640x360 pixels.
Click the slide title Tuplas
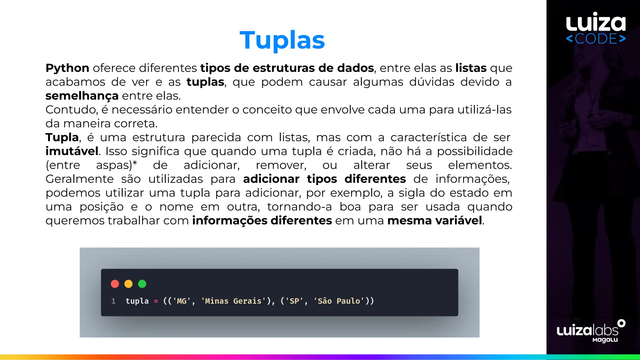(x=282, y=41)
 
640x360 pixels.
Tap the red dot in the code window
(x=115, y=284)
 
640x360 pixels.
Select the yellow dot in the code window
(x=128, y=284)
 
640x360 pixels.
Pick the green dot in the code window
(x=142, y=284)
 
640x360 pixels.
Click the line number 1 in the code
(x=113, y=301)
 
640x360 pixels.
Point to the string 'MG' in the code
(x=182, y=301)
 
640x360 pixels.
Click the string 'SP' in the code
(x=294, y=301)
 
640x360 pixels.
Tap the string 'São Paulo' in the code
(x=339, y=301)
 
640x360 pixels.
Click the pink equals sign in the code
(x=156, y=301)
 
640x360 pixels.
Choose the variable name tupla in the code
(x=137, y=301)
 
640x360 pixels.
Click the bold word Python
(x=67, y=68)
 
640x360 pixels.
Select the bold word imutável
(x=72, y=151)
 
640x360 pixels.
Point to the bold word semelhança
(x=82, y=96)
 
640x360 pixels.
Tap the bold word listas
(x=471, y=68)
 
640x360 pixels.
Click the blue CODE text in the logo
(x=596, y=39)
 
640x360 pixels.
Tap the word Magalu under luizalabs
(x=605, y=340)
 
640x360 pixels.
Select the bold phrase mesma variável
(x=435, y=221)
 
